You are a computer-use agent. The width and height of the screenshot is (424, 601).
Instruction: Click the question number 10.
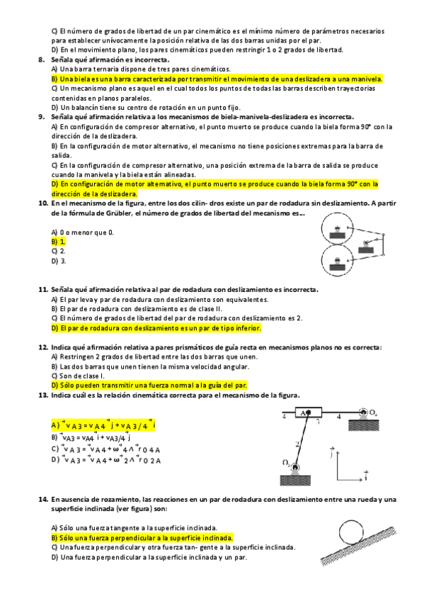[x=43, y=203]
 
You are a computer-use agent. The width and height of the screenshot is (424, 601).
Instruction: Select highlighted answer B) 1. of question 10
[x=59, y=242]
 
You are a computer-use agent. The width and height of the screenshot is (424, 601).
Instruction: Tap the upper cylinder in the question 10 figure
[x=337, y=229]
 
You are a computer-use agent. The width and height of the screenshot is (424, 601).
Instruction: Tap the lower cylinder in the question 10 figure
[x=337, y=261]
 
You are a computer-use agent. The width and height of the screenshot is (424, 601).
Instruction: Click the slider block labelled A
[x=309, y=412]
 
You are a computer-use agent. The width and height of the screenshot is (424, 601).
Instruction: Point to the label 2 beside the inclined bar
[x=297, y=444]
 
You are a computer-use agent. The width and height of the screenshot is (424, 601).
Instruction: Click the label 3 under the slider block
[x=318, y=421]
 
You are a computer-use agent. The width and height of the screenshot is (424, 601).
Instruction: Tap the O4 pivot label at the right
[x=373, y=412]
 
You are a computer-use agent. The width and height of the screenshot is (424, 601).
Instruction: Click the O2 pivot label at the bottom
[x=286, y=463]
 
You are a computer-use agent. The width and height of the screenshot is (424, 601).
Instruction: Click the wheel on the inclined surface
[x=351, y=532]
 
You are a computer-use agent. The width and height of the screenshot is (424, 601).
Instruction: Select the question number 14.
[x=43, y=500]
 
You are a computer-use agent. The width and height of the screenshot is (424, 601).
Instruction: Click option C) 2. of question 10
[x=59, y=251]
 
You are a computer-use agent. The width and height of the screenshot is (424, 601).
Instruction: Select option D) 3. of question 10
[x=59, y=261]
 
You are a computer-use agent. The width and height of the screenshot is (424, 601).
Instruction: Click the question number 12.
[x=43, y=347]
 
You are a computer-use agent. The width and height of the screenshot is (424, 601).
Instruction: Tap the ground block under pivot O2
[x=295, y=481]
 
